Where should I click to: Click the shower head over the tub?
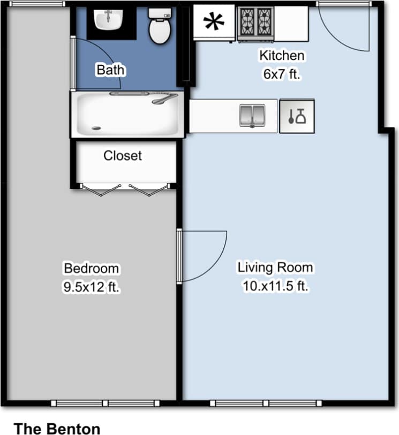164,98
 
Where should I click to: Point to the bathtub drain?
96,128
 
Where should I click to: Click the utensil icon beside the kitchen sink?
297,116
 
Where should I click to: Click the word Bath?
110,69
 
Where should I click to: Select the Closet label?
123,156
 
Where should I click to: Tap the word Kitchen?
282,55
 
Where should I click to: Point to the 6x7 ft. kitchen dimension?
282,74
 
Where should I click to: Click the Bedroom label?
91,268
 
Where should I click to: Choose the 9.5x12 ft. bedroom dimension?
91,287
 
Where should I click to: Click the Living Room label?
275,266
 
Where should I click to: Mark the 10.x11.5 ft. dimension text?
275,286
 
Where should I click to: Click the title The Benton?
57,428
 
